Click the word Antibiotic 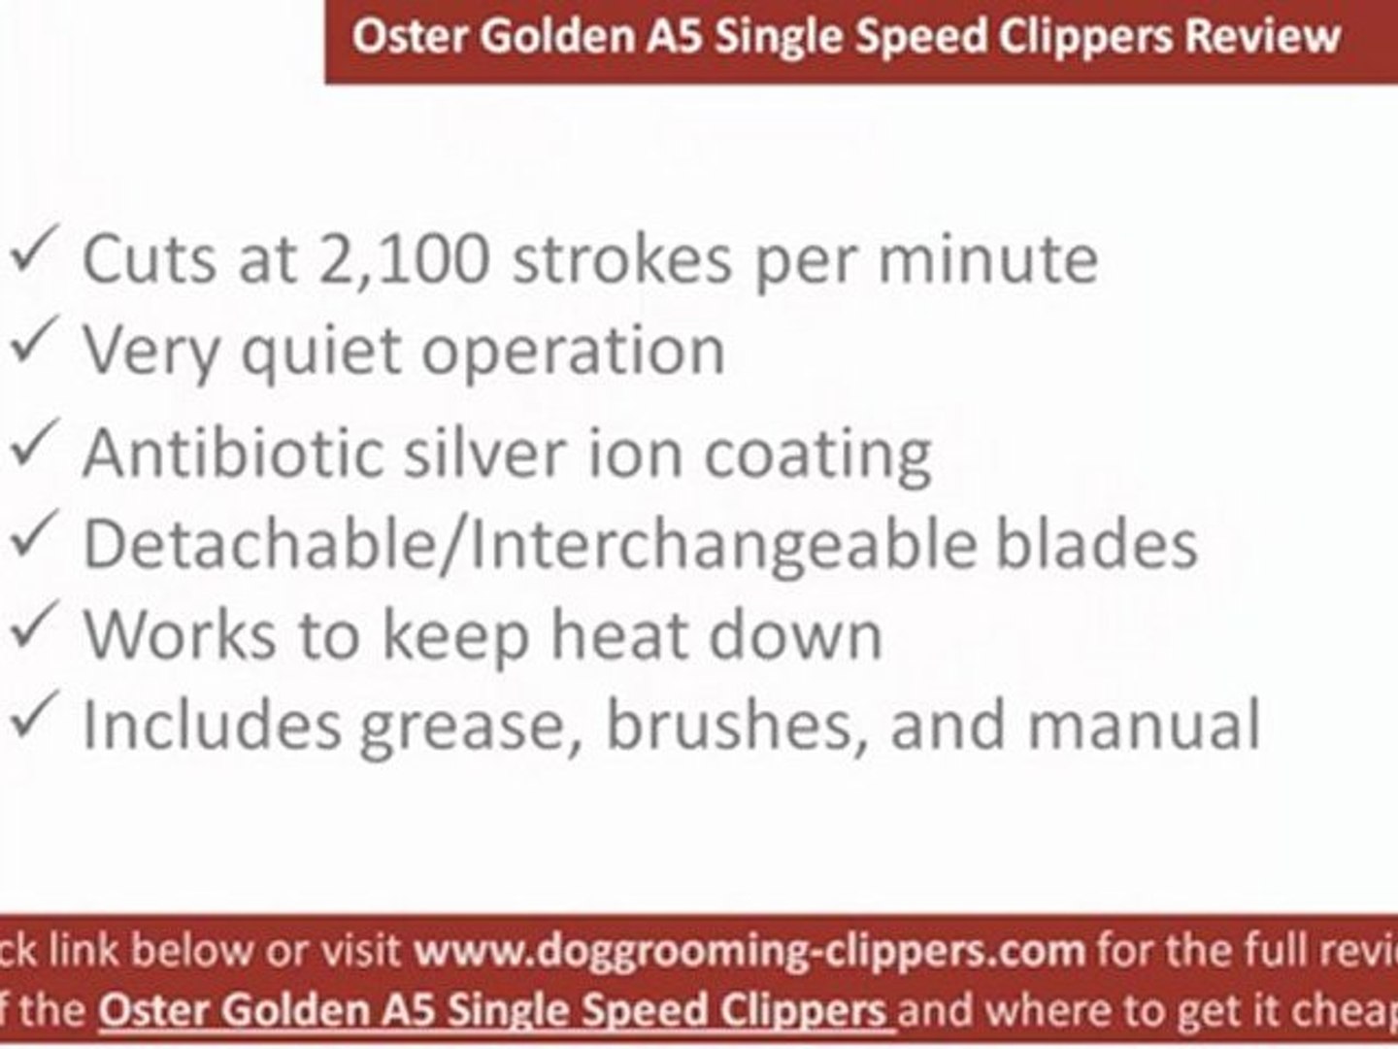[233, 453]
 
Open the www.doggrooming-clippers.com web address [749, 949]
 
